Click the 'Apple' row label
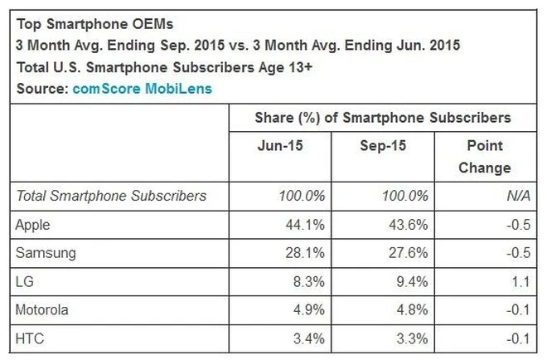34,224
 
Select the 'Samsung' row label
44,252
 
